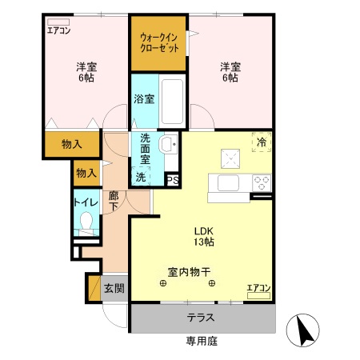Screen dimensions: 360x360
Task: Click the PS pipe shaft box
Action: [172, 180]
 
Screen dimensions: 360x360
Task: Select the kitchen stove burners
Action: [261, 183]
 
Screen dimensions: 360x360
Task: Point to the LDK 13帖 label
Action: [202, 235]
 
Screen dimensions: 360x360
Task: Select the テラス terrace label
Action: [201, 318]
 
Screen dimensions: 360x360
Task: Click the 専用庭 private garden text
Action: [201, 342]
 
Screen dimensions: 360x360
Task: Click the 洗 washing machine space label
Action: [141, 177]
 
